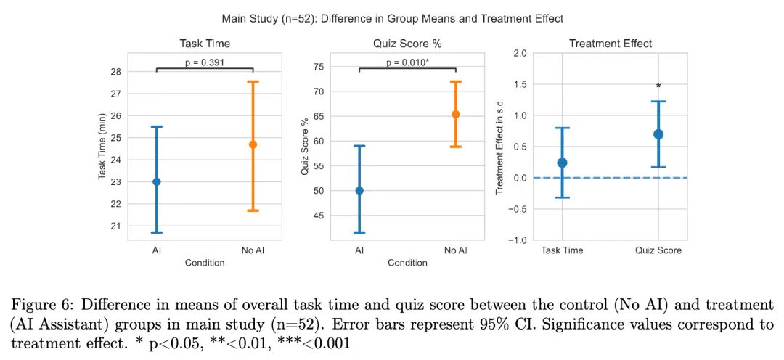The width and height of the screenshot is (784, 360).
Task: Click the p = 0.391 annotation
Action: coord(204,62)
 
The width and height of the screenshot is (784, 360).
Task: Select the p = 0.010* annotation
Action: coord(407,62)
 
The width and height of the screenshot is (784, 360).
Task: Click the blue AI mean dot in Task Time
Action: coord(156,181)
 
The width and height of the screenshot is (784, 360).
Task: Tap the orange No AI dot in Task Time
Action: coord(253,144)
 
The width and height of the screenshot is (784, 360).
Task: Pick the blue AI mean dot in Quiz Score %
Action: coord(359,191)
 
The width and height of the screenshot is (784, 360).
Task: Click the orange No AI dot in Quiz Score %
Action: coord(455,114)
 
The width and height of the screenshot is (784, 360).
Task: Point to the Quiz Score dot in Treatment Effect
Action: coord(658,134)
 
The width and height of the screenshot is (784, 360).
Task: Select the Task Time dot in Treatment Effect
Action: coord(562,163)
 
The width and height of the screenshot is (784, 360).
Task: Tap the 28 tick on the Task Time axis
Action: coord(115,72)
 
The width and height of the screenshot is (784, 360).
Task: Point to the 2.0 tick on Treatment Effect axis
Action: coord(519,54)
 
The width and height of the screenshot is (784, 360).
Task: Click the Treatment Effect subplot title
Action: coord(610,44)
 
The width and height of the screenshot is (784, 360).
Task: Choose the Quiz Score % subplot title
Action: coord(407,44)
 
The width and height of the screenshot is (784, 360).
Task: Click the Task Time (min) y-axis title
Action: coord(102,146)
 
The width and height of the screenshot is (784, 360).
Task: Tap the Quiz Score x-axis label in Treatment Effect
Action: coord(658,251)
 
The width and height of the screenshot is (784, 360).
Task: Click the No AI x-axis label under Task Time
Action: coord(253,251)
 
